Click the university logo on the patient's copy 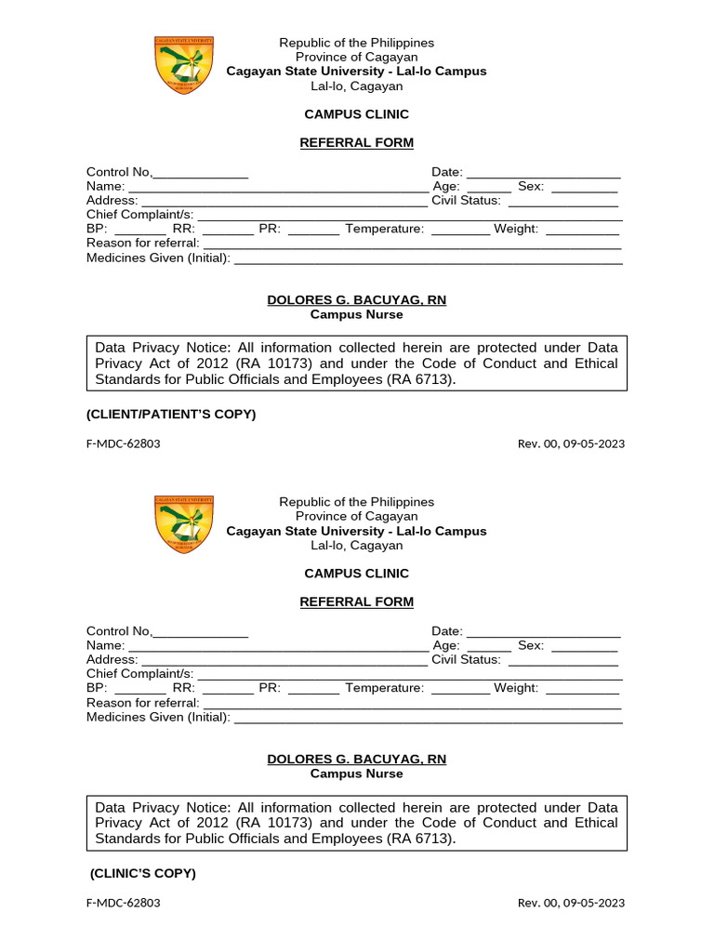[183, 64]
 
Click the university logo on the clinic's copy [183, 523]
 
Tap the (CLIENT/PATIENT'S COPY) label [171, 414]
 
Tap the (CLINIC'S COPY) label [143, 873]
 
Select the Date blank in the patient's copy [543, 173]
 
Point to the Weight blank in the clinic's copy [582, 689]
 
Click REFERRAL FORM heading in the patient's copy [356, 142]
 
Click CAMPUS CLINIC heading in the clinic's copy [356, 574]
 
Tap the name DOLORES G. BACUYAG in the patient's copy [356, 300]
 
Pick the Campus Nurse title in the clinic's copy [356, 773]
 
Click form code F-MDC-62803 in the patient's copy [123, 443]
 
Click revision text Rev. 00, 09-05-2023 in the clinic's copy [571, 903]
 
